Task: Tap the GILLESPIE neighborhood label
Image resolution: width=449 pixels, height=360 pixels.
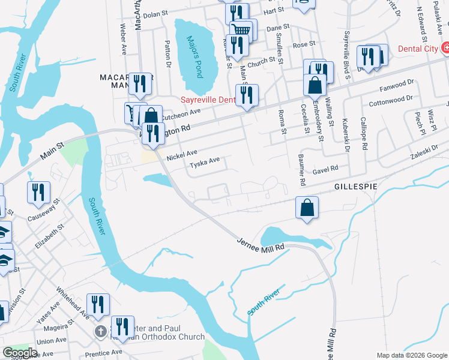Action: (356, 187)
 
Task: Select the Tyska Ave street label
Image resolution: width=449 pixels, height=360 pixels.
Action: (205, 163)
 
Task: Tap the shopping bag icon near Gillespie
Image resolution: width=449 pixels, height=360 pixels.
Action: (306, 207)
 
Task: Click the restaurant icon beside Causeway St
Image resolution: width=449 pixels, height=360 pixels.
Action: (38, 192)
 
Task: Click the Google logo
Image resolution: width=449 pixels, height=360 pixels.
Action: (20, 353)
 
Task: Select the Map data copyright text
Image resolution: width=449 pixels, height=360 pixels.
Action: (411, 355)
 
